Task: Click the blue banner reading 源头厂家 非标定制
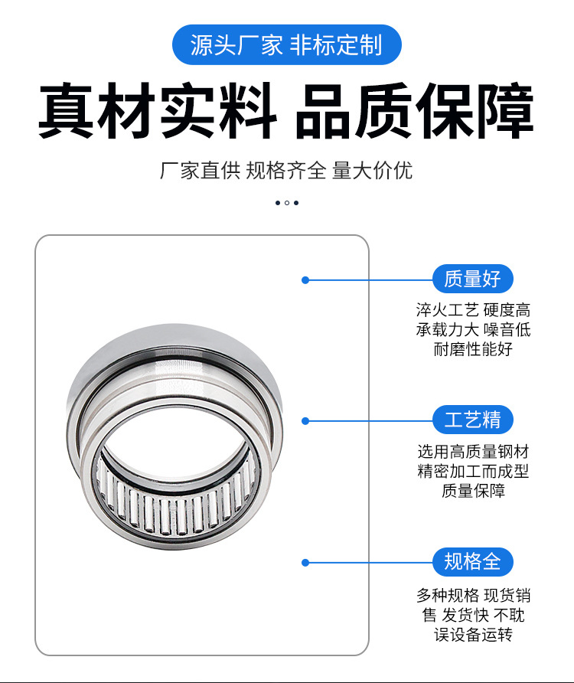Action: (286, 44)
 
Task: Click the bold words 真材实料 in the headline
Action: (157, 113)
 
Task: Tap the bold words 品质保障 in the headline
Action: (414, 113)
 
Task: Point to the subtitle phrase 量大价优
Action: (372, 170)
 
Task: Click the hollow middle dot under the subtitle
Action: (287, 203)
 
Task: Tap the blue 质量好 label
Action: (472, 279)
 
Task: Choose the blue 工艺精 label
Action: (472, 420)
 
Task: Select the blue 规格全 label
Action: (472, 561)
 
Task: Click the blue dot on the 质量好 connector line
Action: (305, 280)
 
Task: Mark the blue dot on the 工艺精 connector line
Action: (305, 420)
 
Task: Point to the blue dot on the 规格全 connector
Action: (305, 562)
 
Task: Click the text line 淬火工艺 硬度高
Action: (473, 310)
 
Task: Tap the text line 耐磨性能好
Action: (473, 350)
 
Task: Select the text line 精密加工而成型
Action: (473, 471)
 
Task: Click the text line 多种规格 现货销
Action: (473, 595)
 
